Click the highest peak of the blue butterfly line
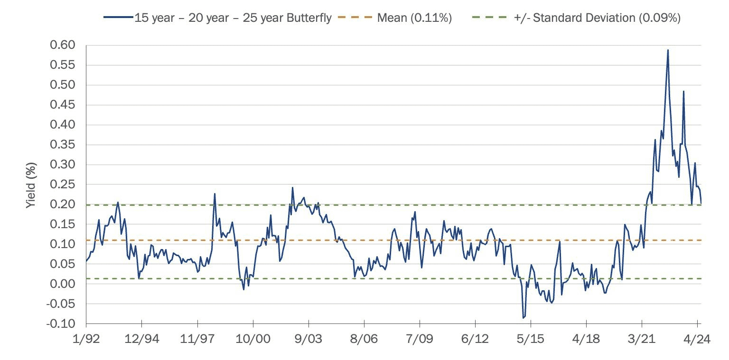click(668, 50)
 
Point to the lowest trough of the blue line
click(523, 318)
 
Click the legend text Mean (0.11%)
click(414, 18)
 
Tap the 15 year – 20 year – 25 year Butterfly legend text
click(233, 18)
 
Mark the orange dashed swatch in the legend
click(355, 18)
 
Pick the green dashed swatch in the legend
click(490, 18)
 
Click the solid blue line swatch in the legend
click(118, 18)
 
